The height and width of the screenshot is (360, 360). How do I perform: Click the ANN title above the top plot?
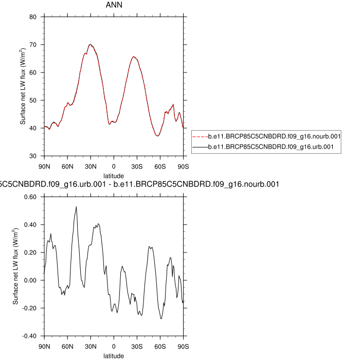[x=114, y=6]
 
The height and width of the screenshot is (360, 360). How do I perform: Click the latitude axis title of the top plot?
[x=114, y=175]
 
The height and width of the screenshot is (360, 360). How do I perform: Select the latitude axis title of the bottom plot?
[x=114, y=355]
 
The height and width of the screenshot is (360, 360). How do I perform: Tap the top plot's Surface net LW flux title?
[x=23, y=86]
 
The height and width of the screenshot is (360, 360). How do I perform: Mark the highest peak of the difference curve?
[x=76, y=207]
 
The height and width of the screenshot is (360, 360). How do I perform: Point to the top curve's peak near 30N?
[x=90, y=44]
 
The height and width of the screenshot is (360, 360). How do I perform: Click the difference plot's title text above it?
[x=139, y=184]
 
